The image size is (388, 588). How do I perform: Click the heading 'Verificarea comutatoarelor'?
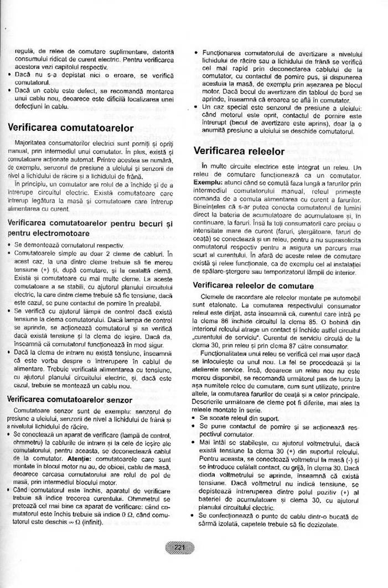tap(71, 128)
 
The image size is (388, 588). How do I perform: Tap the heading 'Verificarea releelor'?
tap(239, 151)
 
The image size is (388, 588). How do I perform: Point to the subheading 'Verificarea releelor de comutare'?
tap(253, 285)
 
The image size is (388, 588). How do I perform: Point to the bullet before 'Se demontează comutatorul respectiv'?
tap(10, 244)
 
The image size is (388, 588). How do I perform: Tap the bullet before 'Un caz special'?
tap(196, 106)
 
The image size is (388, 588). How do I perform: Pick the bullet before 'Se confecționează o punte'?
tap(196, 516)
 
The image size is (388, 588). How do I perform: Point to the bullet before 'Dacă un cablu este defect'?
tap(10, 89)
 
